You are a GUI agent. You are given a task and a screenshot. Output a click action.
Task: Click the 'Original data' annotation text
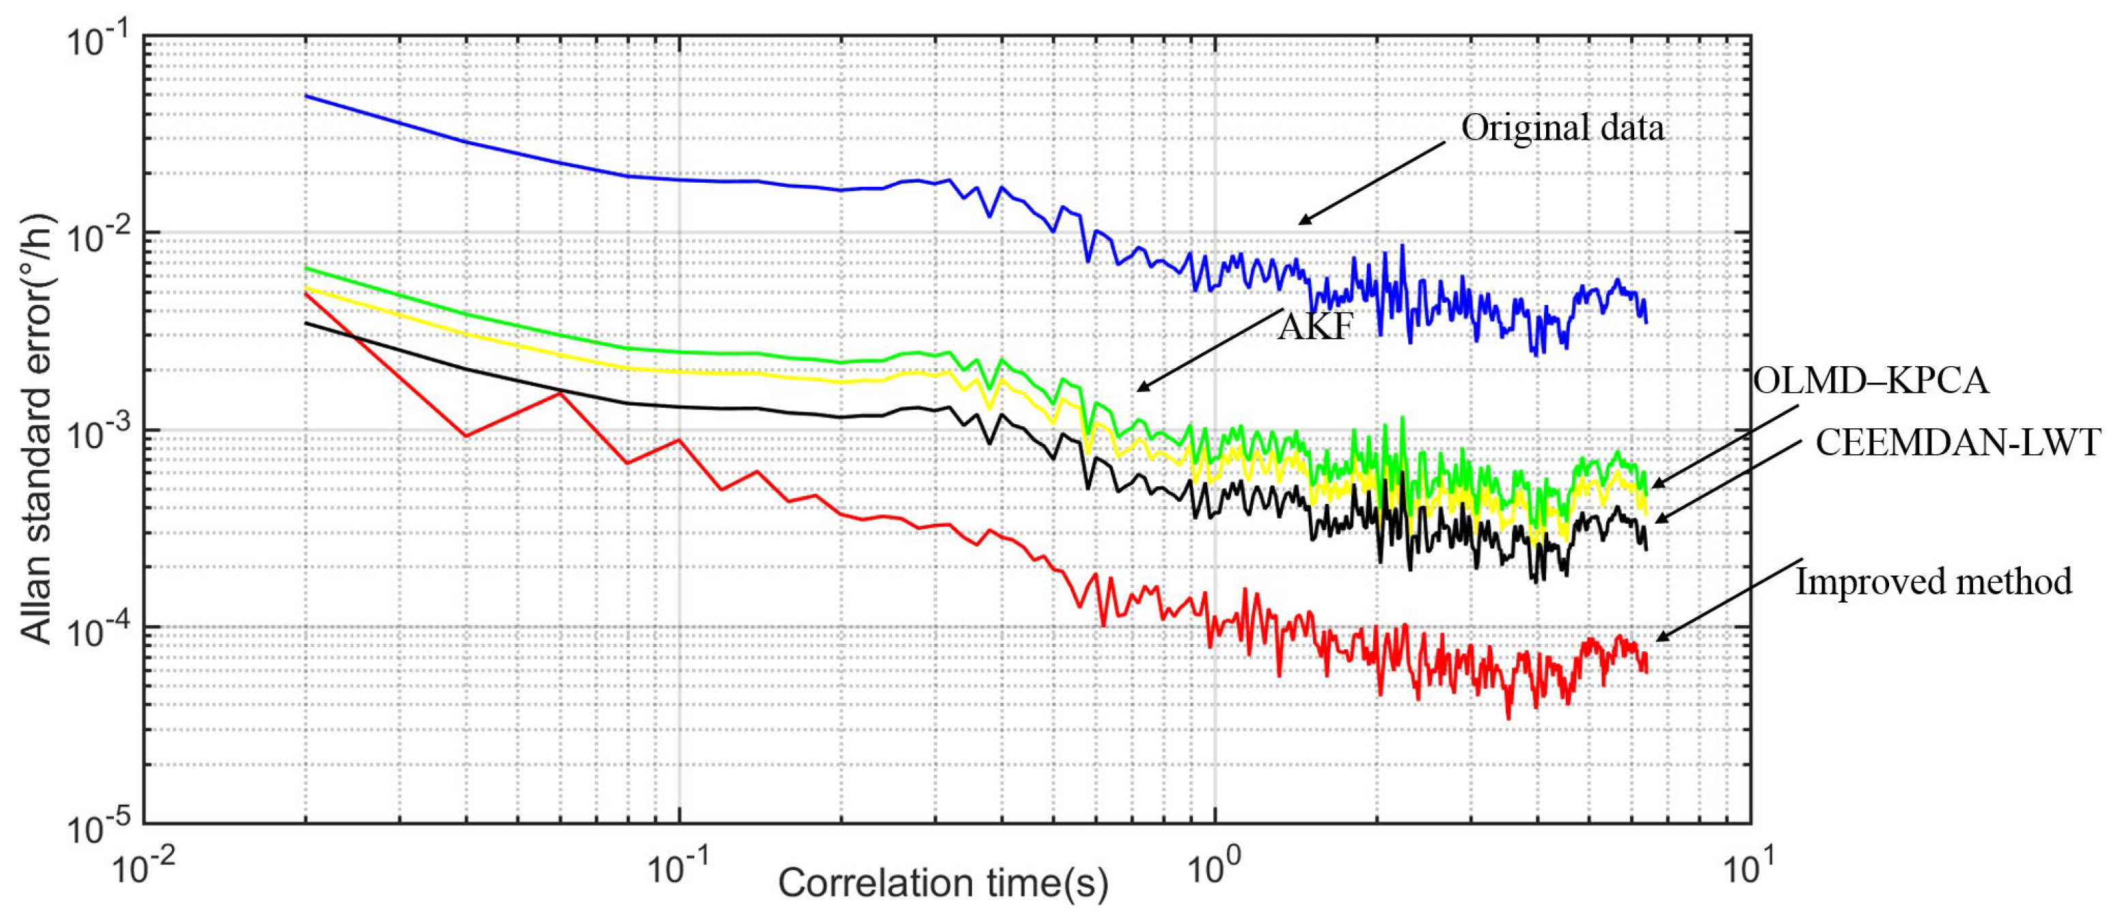click(1562, 128)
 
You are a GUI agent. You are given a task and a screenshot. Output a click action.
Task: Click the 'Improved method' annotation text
click(1933, 582)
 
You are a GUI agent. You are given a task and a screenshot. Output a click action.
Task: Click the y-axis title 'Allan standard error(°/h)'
click(36, 428)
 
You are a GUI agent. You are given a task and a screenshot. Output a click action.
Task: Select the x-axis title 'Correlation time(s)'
click(943, 884)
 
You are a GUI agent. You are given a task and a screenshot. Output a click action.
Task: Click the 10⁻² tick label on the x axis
click(143, 867)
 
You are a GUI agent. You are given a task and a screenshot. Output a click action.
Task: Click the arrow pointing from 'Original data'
click(1372, 182)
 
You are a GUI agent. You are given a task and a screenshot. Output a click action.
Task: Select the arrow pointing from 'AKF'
click(1209, 350)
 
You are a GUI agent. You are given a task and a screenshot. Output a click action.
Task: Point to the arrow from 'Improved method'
click(1728, 600)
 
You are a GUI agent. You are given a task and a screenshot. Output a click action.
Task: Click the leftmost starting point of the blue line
click(306, 96)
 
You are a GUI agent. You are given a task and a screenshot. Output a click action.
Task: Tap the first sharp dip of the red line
click(466, 435)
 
